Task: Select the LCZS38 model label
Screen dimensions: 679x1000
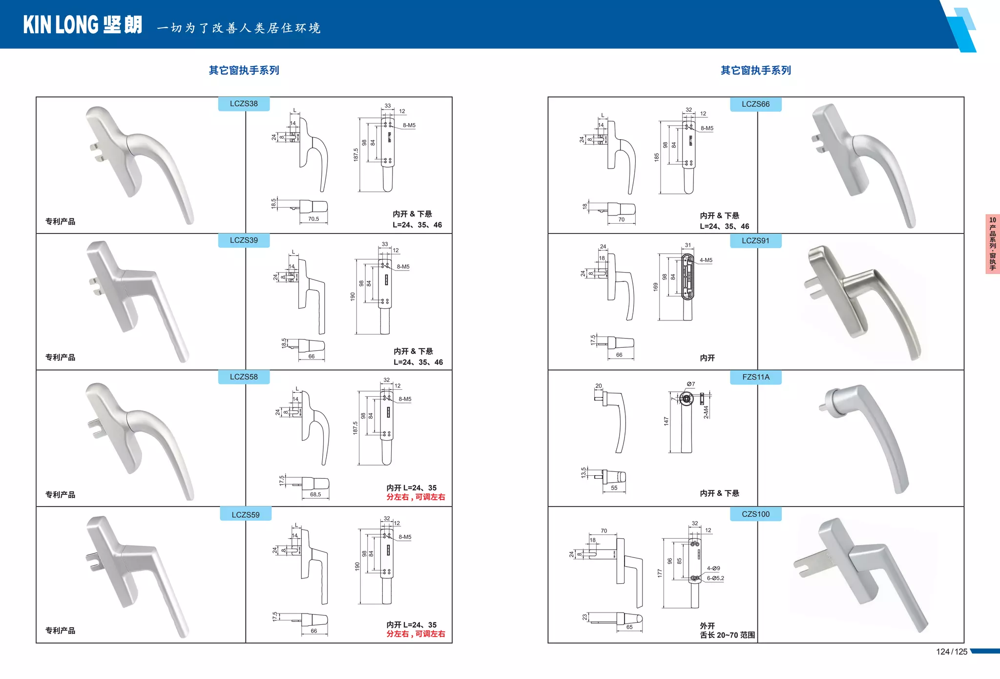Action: (244, 104)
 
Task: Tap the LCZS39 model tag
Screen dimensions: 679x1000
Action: (244, 240)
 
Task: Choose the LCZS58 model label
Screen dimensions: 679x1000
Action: (244, 377)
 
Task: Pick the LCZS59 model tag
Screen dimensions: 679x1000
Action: (245, 514)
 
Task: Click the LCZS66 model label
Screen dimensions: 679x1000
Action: (755, 104)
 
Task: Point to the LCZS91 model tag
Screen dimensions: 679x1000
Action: (755, 241)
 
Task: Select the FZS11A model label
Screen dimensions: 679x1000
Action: (755, 377)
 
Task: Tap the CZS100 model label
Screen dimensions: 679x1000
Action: (755, 514)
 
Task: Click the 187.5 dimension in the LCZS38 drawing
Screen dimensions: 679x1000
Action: (356, 155)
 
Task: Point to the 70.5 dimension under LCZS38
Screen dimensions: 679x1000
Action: (313, 219)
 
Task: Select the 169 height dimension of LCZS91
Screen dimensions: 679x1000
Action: (656, 287)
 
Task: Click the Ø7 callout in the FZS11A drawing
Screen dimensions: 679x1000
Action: (690, 384)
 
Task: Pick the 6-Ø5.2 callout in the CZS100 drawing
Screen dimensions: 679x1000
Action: (715, 578)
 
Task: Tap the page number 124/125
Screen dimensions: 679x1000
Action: (951, 652)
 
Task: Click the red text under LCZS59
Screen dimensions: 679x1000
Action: (416, 634)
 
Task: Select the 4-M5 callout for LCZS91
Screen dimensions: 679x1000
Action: (706, 260)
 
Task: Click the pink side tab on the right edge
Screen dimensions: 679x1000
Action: (992, 244)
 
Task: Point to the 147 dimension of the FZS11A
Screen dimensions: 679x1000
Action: (666, 421)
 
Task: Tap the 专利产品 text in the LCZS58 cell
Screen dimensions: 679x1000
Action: (60, 494)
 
